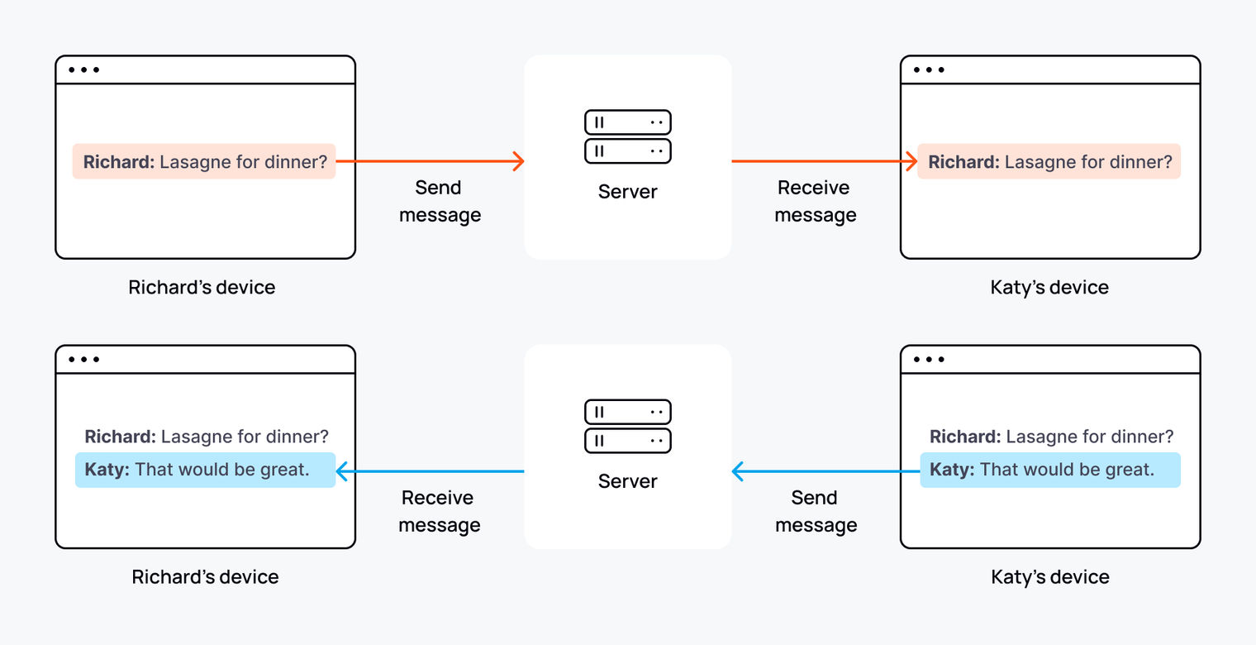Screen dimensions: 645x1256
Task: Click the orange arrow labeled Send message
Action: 430,161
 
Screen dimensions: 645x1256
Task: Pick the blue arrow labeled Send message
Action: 826,471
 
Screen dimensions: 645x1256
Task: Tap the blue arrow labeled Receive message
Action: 430,471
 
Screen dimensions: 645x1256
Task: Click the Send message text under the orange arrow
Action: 439,201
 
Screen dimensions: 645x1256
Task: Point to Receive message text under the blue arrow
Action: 439,511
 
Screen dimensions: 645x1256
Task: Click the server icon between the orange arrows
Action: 627,136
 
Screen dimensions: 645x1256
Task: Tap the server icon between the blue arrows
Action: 627,426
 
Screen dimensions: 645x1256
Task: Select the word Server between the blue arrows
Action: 627,481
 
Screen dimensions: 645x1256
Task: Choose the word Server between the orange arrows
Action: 627,192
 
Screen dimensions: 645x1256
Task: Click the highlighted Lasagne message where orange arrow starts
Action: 204,161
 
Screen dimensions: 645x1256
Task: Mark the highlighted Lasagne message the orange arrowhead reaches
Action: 1049,161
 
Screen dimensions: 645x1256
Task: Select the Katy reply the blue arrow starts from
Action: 1049,470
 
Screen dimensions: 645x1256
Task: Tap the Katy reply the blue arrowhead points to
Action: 205,470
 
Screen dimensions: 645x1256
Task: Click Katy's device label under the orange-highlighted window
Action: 1049,287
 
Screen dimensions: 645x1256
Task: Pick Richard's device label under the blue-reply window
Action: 205,576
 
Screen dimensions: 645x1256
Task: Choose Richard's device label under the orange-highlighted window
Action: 202,287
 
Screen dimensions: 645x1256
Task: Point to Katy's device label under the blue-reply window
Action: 1049,576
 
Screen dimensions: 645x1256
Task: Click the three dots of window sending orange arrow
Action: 83,69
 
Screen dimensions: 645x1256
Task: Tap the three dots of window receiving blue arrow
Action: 83,359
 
